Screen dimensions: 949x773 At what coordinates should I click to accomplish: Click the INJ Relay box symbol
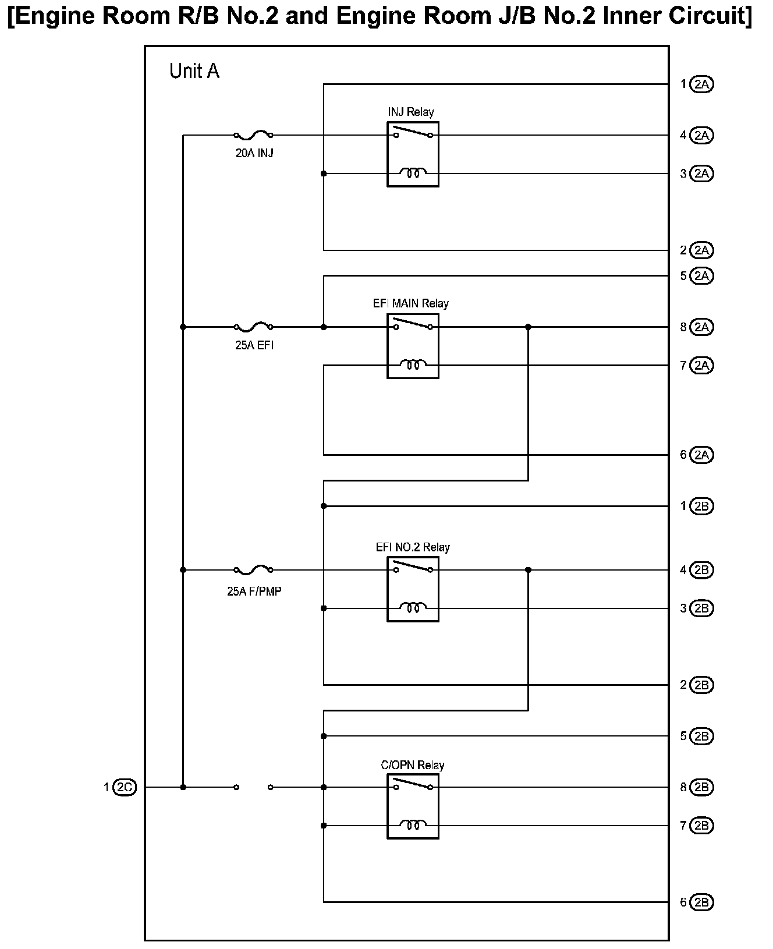413,154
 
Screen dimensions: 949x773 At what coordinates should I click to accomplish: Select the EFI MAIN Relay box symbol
413,346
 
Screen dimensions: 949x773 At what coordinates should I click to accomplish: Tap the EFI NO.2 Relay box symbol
413,589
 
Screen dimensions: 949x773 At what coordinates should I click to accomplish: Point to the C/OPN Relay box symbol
413,806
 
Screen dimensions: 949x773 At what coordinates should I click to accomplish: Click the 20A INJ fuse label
254,154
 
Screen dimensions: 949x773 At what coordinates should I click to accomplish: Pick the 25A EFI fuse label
254,345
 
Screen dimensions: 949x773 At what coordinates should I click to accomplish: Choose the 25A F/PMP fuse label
254,592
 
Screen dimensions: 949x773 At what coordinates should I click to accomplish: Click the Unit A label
194,71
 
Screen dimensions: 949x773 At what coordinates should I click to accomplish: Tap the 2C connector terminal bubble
125,787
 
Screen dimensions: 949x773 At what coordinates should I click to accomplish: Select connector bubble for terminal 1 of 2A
701,84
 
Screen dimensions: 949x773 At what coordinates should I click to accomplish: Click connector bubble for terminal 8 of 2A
701,327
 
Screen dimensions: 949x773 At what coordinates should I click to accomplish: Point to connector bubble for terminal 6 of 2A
701,455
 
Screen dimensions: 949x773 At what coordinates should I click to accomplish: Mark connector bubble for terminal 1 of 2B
701,507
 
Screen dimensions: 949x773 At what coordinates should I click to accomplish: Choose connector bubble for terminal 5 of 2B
701,736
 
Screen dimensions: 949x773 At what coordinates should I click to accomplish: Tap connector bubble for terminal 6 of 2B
701,902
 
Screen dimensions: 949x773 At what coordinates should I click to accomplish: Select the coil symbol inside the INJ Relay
413,173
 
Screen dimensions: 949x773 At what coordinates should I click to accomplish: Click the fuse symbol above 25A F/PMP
253,569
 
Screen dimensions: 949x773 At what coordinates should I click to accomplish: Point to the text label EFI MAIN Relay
411,303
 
